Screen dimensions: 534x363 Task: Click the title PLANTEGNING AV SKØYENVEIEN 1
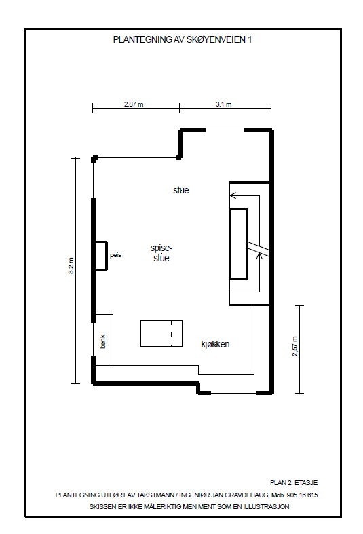tap(181, 40)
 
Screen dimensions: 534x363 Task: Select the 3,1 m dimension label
tap(224, 104)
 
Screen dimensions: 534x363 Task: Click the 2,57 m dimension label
tap(294, 347)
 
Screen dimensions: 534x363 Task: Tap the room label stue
tap(180, 191)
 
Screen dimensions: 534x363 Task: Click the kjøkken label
tap(215, 345)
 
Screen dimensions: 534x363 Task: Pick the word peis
tap(115, 256)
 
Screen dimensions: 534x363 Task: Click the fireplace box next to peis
tap(100, 255)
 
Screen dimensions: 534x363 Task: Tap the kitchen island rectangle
tap(161, 334)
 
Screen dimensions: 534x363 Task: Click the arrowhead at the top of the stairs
tap(232, 196)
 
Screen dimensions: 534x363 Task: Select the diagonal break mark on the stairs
tap(259, 250)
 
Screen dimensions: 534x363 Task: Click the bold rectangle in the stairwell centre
tap(238, 244)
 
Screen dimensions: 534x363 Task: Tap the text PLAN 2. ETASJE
tap(294, 483)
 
